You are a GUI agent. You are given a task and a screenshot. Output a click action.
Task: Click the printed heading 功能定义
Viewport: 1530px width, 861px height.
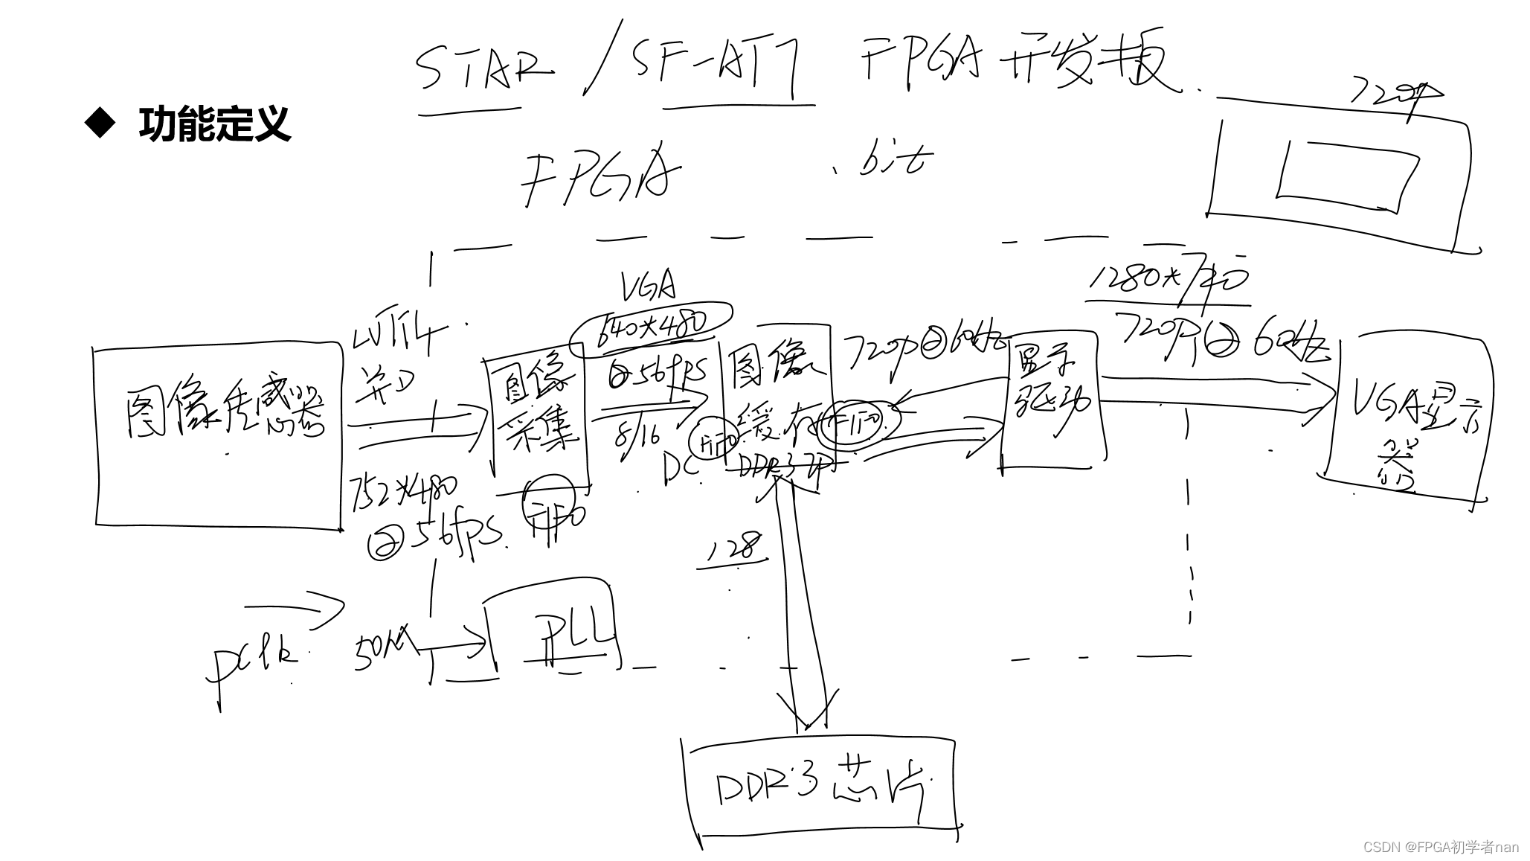tap(214, 124)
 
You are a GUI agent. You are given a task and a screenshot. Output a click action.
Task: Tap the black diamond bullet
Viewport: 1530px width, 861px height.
tap(100, 124)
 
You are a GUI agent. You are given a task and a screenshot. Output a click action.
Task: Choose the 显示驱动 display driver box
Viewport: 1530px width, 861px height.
tap(1050, 400)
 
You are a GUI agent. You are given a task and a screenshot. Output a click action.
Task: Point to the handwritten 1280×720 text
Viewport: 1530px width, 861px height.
tap(1168, 281)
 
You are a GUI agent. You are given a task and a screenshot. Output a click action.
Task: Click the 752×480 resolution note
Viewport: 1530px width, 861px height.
tap(402, 495)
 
